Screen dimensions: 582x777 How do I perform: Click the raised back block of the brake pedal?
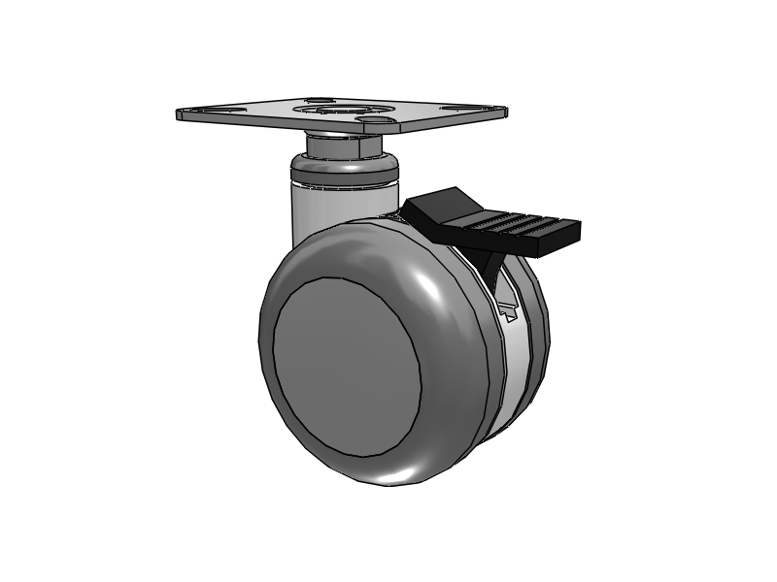click(437, 207)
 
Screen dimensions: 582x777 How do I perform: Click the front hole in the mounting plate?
click(374, 120)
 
